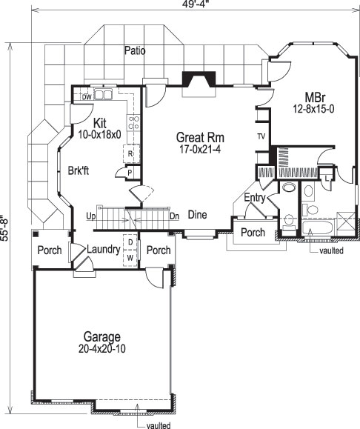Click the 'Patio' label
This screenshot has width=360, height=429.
(135, 51)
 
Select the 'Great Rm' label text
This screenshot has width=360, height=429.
(200, 137)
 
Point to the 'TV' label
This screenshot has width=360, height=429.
(261, 137)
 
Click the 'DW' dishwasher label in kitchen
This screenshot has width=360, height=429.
(87, 97)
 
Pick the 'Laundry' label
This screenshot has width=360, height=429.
(103, 250)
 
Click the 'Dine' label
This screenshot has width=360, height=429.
(196, 216)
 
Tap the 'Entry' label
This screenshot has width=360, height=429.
(255, 198)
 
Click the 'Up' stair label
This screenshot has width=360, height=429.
(91, 216)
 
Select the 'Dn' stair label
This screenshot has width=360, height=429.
(174, 216)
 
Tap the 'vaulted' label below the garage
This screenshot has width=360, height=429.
(158, 425)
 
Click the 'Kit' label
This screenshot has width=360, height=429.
(101, 123)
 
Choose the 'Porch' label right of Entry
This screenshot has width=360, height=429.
(254, 233)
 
